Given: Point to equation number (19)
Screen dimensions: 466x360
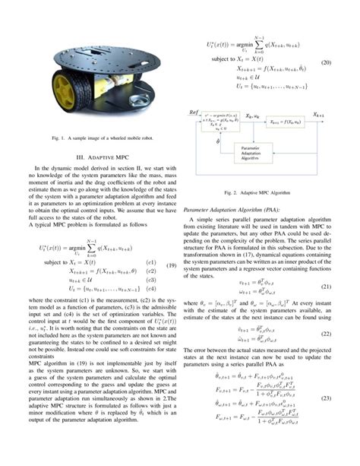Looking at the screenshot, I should click(171, 265).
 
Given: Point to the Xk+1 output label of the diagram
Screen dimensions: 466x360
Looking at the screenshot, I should click(317, 112).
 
